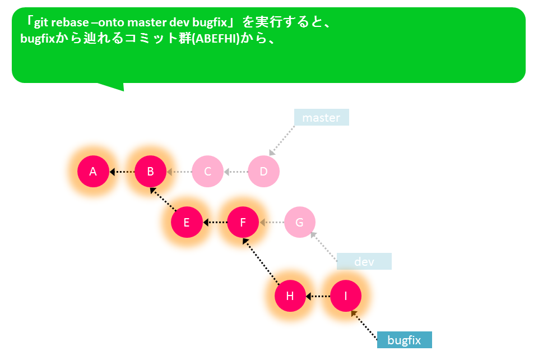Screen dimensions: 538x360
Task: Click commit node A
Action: click(x=93, y=171)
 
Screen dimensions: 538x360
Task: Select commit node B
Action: click(x=150, y=171)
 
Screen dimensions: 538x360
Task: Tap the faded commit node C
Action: click(x=207, y=171)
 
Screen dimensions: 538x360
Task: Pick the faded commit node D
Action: click(x=263, y=171)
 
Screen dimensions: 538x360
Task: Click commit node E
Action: click(x=187, y=222)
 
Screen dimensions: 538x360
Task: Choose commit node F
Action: click(x=243, y=222)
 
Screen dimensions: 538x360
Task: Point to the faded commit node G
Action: click(x=299, y=222)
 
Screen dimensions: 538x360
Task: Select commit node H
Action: click(x=290, y=296)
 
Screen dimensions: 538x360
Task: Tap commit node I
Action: click(x=346, y=296)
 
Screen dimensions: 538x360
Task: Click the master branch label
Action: click(x=322, y=117)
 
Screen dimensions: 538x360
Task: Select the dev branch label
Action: click(x=364, y=261)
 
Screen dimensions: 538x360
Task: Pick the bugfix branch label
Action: click(x=404, y=340)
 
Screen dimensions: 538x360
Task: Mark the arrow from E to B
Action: click(x=163, y=200)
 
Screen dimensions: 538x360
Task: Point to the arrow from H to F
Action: click(x=261, y=261)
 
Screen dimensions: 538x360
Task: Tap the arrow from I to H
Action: click(x=318, y=296)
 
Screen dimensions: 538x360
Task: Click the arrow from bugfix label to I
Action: click(x=364, y=325)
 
